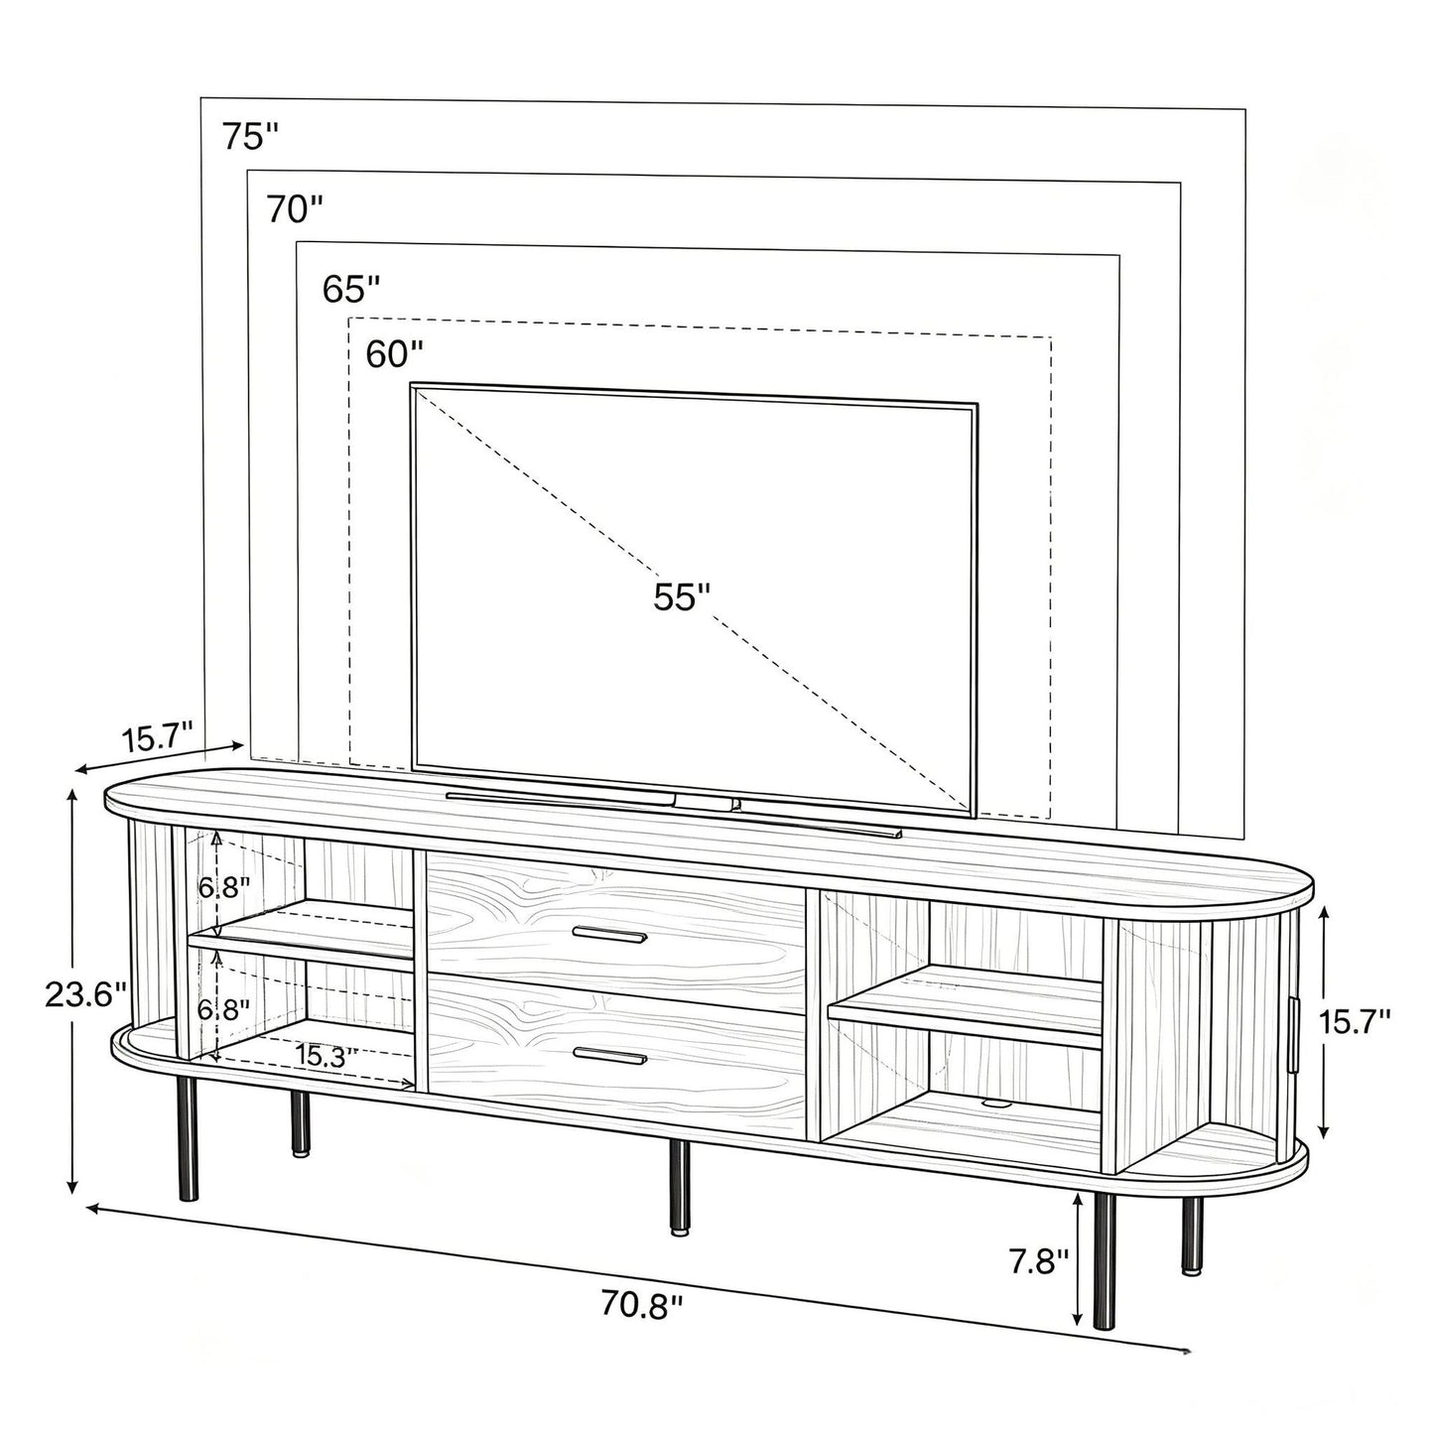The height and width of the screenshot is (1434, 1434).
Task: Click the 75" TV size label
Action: pos(251,136)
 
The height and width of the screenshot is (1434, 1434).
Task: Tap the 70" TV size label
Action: pos(296,209)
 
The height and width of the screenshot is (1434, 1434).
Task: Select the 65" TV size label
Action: pos(351,289)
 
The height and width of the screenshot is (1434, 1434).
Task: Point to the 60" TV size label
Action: pos(394,354)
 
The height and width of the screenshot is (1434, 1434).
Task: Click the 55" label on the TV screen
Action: pos(683,596)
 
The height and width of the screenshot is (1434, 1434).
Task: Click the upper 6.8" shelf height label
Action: pos(224,887)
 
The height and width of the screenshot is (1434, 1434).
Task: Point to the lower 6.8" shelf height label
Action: pos(224,1009)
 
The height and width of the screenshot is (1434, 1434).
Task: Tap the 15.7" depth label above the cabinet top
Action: pos(158,739)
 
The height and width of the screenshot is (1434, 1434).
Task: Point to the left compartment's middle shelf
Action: pos(302,934)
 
